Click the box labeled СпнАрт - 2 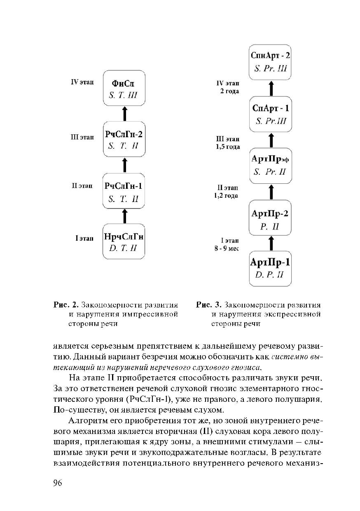[x=271, y=62]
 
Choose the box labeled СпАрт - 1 [x=271, y=115]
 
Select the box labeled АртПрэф [x=271, y=166]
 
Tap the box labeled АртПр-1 [x=271, y=268]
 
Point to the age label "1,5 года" [x=227, y=147]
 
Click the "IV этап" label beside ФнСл [x=82, y=82]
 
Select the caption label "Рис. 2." [x=65, y=305]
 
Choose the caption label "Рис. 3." [x=209, y=305]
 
